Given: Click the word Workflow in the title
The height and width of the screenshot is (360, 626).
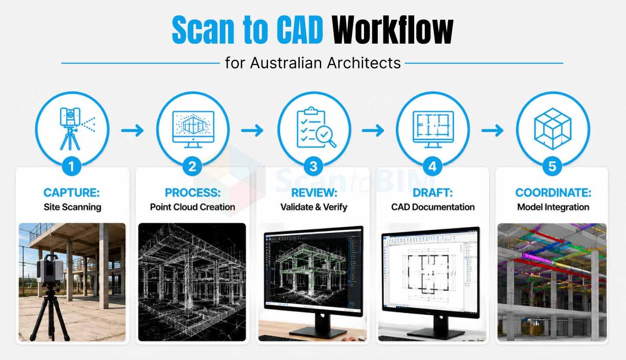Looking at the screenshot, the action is tap(392, 30).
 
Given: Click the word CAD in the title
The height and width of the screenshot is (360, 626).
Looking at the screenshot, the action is tap(300, 30).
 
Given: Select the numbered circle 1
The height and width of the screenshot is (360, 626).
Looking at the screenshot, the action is tap(72, 166).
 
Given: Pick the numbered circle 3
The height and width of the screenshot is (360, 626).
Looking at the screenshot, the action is tap(313, 166).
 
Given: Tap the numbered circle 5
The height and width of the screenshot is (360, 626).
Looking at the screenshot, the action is tap(552, 166).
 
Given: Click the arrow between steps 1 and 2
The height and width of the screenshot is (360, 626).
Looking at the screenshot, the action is tap(132, 130).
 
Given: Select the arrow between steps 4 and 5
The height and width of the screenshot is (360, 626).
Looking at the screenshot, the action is tap(492, 130).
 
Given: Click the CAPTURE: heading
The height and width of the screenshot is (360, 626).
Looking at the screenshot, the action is tap(72, 193).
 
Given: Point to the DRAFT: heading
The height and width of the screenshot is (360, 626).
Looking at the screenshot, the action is tap(433, 193).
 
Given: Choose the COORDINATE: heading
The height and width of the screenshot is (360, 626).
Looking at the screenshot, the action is tap(553, 193).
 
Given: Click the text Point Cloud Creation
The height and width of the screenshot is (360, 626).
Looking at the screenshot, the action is tap(193, 207).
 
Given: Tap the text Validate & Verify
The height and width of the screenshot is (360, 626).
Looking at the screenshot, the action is tap(313, 207).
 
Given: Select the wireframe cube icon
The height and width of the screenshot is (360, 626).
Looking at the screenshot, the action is tap(553, 129).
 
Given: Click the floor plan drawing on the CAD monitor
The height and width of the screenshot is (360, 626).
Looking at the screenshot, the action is tap(428, 274).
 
